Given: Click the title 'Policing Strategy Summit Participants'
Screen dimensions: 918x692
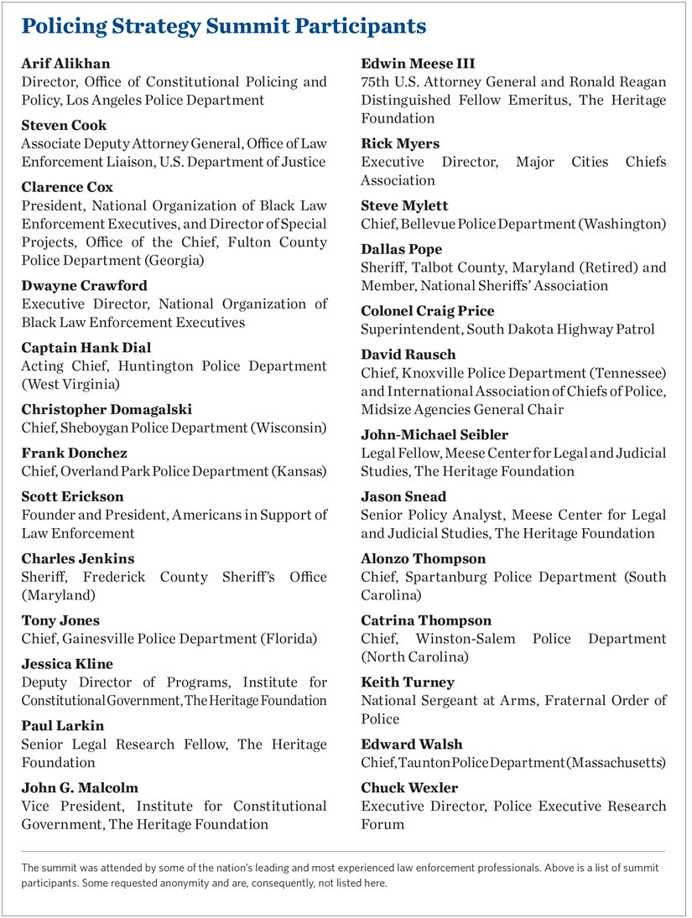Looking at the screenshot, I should [224, 27].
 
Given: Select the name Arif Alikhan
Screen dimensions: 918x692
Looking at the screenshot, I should [65, 64].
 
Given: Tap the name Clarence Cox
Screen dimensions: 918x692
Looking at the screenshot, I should [67, 187].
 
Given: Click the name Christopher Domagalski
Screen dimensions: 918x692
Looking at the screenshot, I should [107, 409].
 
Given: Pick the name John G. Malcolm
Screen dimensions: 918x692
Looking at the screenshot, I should [80, 787].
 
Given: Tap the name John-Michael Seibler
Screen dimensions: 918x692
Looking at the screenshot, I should [434, 434].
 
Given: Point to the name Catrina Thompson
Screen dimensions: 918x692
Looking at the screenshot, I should [426, 620].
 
